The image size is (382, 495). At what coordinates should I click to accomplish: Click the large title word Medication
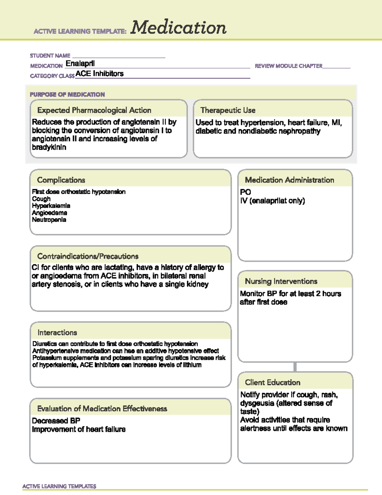(178, 28)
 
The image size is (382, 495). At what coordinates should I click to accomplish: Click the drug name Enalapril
(80, 63)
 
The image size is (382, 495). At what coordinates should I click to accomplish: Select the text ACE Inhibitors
(100, 74)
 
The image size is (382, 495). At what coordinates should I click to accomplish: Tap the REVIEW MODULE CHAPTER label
(288, 66)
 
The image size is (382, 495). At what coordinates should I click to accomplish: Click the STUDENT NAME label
(50, 56)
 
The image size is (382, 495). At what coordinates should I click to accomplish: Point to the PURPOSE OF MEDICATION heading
(67, 95)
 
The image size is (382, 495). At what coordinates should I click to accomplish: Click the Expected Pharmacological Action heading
(94, 110)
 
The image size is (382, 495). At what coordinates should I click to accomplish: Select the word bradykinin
(49, 147)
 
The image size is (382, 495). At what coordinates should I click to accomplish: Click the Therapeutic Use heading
(228, 110)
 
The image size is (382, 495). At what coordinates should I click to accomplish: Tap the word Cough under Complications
(41, 199)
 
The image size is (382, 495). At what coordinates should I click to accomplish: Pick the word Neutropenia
(49, 220)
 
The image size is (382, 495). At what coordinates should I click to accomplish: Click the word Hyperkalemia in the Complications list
(51, 206)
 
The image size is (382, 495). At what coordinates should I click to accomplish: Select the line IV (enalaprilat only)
(272, 201)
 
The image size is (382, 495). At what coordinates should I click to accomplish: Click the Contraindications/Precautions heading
(88, 256)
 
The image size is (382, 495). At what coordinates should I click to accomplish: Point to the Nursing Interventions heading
(281, 281)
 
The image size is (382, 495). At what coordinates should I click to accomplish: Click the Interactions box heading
(57, 333)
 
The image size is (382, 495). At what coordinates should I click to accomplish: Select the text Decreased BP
(56, 421)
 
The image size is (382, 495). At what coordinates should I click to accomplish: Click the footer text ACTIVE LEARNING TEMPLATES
(60, 486)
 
